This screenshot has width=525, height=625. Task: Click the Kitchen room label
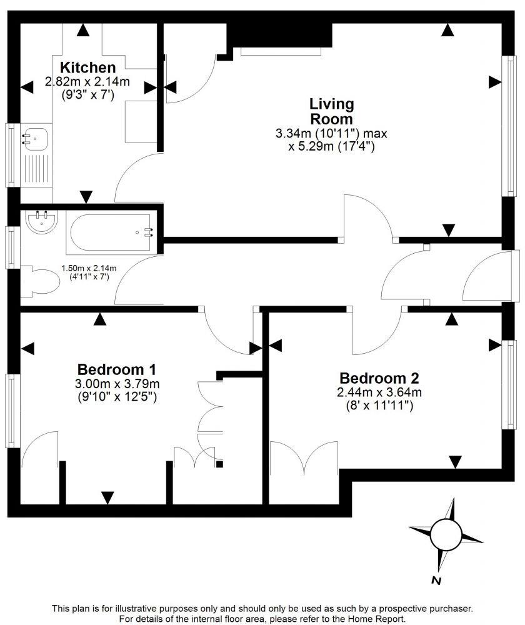87,67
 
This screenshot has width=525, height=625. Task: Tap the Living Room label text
331,111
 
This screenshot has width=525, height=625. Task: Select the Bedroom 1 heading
116,369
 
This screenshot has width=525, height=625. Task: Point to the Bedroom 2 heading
379,378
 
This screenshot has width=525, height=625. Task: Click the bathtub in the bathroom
110,231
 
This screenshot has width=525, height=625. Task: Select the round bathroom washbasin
42,221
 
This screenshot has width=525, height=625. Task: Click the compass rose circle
446,534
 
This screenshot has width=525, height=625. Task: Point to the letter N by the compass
437,581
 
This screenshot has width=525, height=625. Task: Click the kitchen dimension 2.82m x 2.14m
87,81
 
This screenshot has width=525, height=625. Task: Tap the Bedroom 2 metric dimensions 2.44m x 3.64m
379,392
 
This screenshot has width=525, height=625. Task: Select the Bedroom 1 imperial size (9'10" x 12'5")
116,396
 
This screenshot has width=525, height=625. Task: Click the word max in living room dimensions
364,133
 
